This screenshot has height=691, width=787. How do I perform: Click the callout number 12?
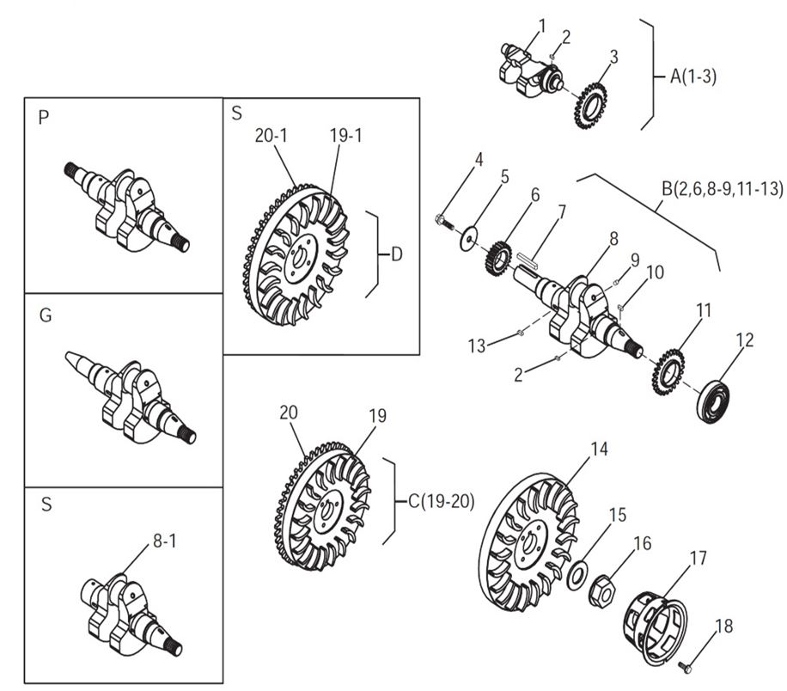[x=745, y=339]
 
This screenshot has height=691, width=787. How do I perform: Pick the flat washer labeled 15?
[x=580, y=573]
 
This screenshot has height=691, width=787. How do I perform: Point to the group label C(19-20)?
[x=441, y=502]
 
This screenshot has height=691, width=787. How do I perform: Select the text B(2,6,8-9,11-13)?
[x=722, y=188]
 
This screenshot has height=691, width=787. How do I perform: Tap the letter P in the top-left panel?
[x=44, y=119]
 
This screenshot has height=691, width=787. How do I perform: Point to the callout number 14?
[x=599, y=448]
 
